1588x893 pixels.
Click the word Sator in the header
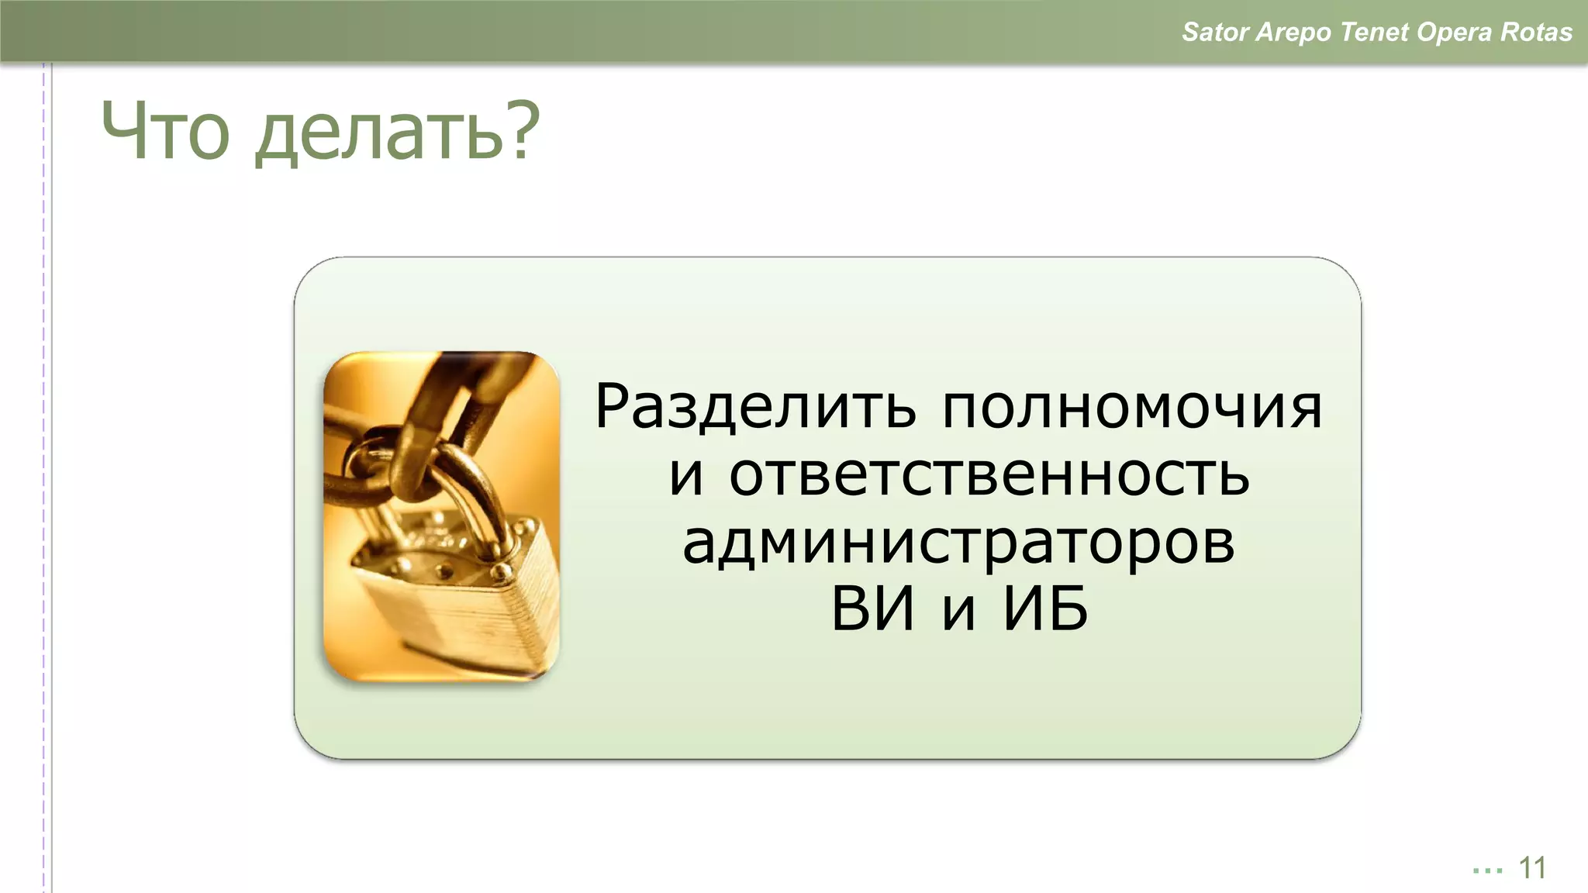pos(1215,32)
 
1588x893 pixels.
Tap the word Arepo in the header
pos(1294,33)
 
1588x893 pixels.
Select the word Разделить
pos(754,408)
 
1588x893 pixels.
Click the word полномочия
pos(1132,408)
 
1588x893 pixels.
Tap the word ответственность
pos(989,474)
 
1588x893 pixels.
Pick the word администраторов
pos(958,543)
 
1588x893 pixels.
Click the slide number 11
pos(1532,868)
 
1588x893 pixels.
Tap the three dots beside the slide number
pos(1487,871)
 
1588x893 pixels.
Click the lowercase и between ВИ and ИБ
pos(958,612)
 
